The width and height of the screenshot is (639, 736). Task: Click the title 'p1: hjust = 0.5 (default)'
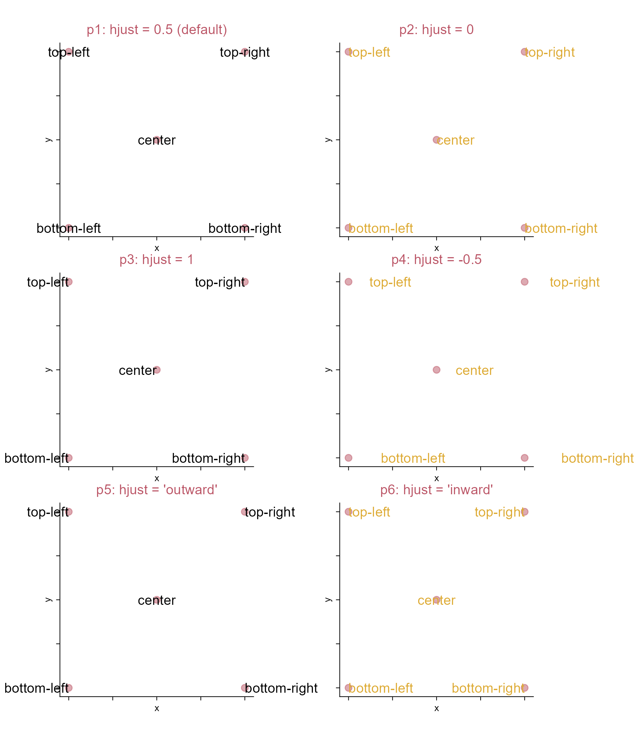coord(157,30)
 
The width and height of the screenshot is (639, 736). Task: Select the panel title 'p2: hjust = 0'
coord(437,30)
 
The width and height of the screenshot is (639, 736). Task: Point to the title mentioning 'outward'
coord(157,490)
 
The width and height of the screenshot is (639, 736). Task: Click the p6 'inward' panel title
coord(437,490)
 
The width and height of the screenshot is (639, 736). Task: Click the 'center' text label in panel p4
coord(475,371)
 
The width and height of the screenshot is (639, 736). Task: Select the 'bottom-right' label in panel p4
coord(598,459)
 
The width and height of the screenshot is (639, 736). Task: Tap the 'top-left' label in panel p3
coord(48,282)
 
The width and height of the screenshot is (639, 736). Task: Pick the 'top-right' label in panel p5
coord(270,512)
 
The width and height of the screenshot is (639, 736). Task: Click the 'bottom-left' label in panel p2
coord(381,229)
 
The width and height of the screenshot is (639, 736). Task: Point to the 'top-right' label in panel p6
coord(499,512)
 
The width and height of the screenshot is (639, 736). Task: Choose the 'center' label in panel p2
coord(455,140)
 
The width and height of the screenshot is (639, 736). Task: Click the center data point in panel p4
coord(437,370)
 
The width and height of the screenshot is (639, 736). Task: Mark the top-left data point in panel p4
coord(348,282)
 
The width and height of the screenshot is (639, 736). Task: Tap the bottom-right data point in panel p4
coord(524,458)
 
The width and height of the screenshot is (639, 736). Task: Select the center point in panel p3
coord(157,370)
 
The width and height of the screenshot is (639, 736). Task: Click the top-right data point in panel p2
coord(524,52)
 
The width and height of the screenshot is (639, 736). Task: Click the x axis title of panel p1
coord(157,248)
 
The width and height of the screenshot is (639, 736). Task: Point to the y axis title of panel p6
coord(329,600)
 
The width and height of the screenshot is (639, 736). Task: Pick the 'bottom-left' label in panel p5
coord(36,688)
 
